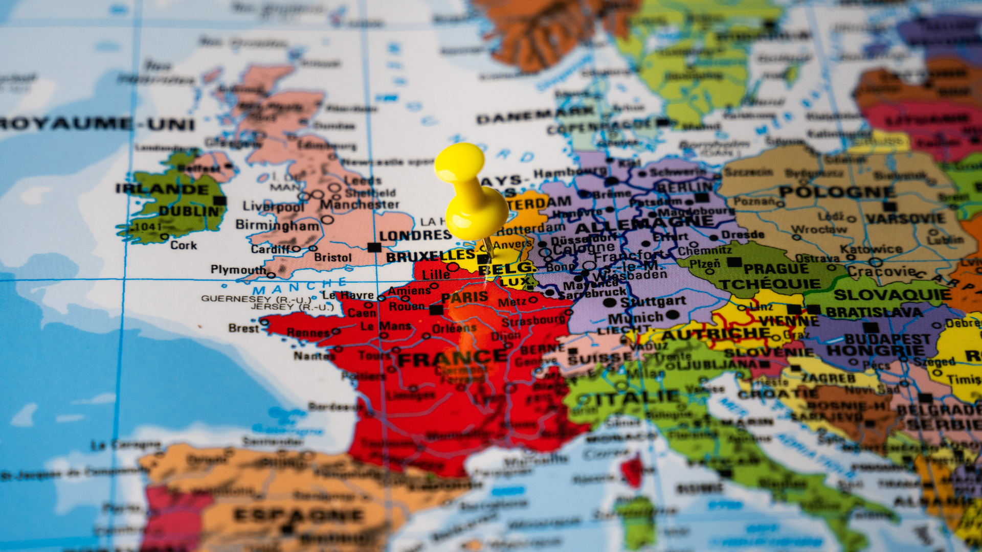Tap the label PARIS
[x=464, y=297]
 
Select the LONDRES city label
[x=415, y=236]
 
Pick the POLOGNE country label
[x=837, y=192]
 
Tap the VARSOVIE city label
[x=905, y=219]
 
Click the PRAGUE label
[x=776, y=269]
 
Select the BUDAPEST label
[x=887, y=339]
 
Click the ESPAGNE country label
[x=299, y=515]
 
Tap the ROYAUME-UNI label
[x=97, y=124]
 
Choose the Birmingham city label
[x=277, y=225]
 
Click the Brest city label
[x=243, y=328]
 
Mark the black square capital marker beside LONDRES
[x=374, y=247]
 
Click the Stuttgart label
[x=653, y=302]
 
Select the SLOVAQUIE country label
[x=892, y=295]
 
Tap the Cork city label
[x=184, y=245]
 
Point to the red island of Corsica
[x=633, y=470]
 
